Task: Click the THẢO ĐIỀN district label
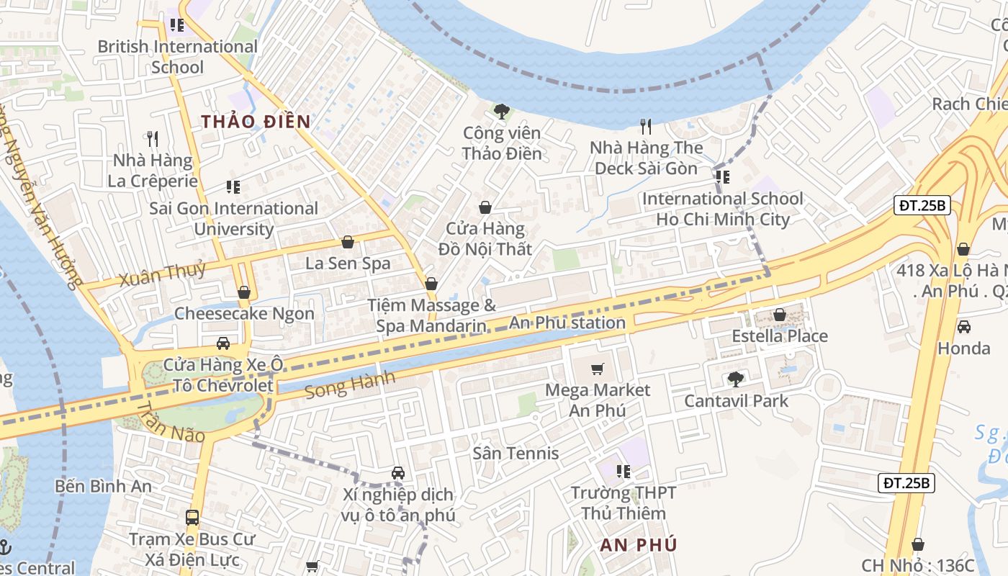[x=256, y=121]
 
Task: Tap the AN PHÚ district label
[x=639, y=544]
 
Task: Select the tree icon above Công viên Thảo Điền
[x=502, y=112]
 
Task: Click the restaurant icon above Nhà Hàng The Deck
[x=646, y=127]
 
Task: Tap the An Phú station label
[x=567, y=323]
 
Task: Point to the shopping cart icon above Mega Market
[x=597, y=369]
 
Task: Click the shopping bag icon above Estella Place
[x=779, y=315]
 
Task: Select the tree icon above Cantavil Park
[x=735, y=379]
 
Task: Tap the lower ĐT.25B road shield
[x=906, y=483]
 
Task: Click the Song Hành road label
[x=350, y=385]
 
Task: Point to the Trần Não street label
[x=170, y=424]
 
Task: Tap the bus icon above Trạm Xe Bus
[x=192, y=517]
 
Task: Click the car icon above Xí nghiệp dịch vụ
[x=397, y=473]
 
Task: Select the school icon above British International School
[x=177, y=25]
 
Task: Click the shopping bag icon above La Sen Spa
[x=348, y=242]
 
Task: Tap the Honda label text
[x=963, y=348]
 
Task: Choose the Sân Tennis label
[x=516, y=453]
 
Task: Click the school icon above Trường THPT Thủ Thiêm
[x=624, y=472]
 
